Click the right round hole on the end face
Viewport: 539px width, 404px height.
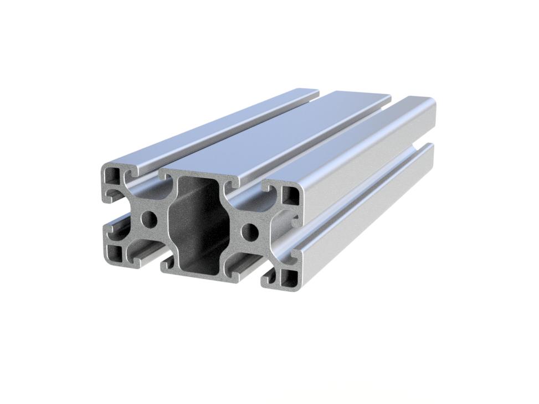tap(251, 231)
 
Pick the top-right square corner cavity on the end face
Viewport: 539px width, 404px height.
tap(290, 194)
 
